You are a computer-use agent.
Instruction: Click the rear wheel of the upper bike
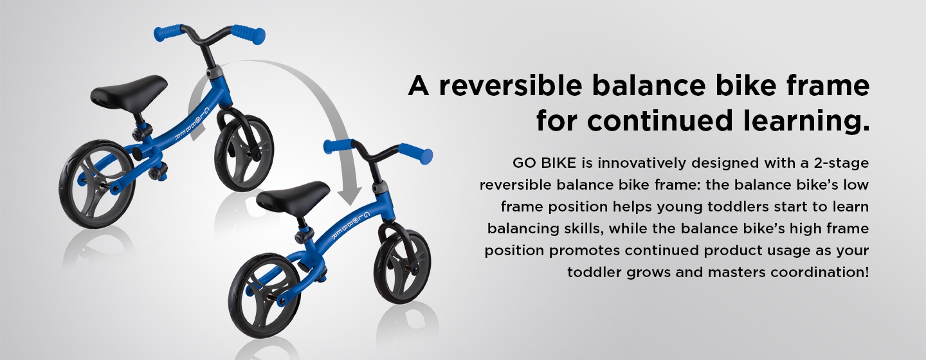(x=96, y=183)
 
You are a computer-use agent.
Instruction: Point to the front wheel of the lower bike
(x=403, y=267)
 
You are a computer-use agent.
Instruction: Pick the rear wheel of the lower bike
(x=264, y=296)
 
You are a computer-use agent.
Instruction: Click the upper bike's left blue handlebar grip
(x=168, y=33)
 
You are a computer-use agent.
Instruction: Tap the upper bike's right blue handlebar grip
(x=248, y=33)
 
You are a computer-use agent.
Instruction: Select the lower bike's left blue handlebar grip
(x=339, y=147)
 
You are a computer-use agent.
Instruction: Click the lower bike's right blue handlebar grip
(x=416, y=154)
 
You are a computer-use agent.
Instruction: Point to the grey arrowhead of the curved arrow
(x=350, y=196)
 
